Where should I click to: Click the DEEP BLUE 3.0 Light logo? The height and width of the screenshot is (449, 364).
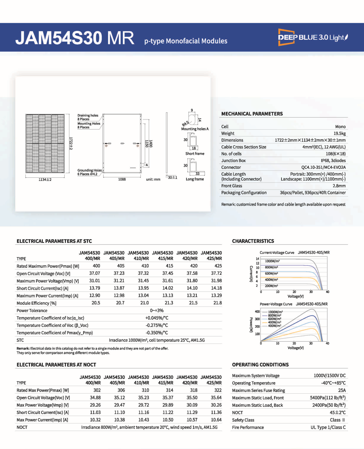click(x=313, y=37)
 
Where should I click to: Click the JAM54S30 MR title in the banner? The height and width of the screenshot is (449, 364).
click(x=75, y=38)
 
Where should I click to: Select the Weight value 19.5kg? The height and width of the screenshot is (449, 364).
click(x=339, y=133)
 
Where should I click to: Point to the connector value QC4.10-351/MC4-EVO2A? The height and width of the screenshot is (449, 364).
click(x=323, y=167)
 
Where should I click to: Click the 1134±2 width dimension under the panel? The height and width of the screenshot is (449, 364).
click(x=45, y=180)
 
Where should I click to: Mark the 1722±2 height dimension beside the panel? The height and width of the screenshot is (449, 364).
click(x=71, y=143)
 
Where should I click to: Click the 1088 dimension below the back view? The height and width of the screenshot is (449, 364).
click(x=122, y=179)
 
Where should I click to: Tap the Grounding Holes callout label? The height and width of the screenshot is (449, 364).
click(x=89, y=170)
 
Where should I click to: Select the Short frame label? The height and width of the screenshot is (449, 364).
click(x=195, y=153)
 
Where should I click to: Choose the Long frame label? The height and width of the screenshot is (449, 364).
click(x=195, y=179)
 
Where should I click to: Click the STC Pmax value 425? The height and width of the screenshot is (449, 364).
click(x=218, y=266)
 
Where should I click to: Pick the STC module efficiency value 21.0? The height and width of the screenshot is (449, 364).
click(x=144, y=303)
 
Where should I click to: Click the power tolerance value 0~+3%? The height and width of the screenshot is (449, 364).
click(x=156, y=310)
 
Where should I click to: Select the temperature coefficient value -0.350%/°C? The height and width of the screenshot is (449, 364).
click(x=156, y=333)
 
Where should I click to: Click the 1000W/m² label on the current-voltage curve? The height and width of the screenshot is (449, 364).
click(x=272, y=261)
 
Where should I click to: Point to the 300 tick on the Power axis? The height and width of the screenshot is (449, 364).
click(x=257, y=319)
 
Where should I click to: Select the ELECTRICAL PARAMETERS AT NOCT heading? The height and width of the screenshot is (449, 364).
click(x=56, y=365)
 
